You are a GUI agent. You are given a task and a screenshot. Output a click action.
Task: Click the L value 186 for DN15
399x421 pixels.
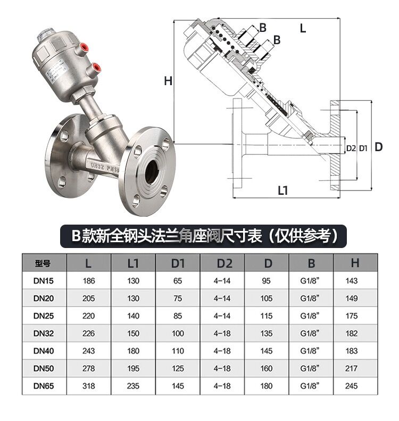pos(88,280)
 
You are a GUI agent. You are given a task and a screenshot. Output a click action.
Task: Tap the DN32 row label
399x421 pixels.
pos(44,333)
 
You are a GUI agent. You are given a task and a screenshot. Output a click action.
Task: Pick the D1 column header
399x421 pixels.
pos(178,262)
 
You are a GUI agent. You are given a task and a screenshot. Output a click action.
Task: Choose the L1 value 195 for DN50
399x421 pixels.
pos(133,368)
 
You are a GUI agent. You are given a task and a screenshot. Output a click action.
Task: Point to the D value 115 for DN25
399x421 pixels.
pos(267,316)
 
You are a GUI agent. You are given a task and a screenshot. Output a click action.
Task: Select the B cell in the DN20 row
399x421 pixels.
pos(311,298)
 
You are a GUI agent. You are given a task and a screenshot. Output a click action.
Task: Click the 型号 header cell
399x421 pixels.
pos(44,262)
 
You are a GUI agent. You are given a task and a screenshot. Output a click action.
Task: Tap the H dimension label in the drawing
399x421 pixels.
pos(168,81)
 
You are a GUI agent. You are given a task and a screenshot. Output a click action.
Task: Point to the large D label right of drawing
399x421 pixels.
pos(378,147)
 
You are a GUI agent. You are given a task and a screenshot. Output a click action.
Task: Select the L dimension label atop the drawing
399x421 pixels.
pos(303,29)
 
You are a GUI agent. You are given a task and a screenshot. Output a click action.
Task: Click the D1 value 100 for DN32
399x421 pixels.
pos(178,333)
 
